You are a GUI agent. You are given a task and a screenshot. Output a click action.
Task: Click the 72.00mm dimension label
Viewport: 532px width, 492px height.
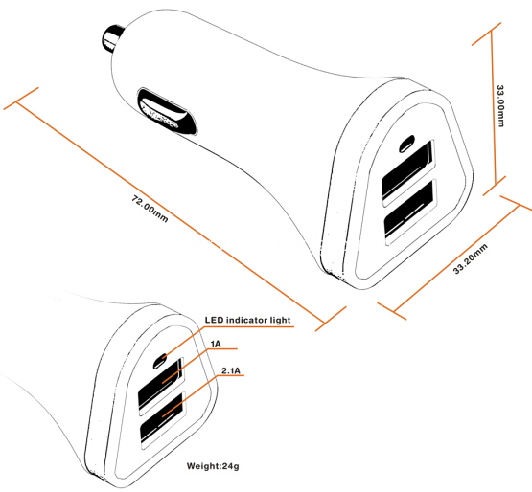click(x=150, y=209)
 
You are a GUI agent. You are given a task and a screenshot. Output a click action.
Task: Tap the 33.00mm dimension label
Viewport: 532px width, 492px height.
click(x=500, y=105)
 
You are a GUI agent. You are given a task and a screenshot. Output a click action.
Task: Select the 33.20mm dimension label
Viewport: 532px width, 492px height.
click(x=471, y=258)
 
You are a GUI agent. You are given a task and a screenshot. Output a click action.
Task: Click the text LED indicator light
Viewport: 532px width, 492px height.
click(x=247, y=320)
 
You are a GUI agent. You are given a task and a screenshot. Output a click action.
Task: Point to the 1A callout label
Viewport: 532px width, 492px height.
click(x=216, y=344)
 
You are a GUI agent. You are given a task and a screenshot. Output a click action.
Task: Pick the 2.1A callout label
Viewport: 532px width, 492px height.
click(x=231, y=370)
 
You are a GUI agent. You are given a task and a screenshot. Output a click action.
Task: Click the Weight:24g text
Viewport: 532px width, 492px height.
click(x=213, y=466)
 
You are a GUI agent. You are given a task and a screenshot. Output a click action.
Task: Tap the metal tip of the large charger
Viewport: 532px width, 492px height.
click(x=112, y=38)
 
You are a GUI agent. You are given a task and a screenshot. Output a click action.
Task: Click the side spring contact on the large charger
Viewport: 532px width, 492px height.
click(x=167, y=111)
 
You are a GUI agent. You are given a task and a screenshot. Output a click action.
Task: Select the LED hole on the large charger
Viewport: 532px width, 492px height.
click(x=406, y=144)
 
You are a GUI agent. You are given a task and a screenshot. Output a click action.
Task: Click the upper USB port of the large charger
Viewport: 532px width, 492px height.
click(x=407, y=173)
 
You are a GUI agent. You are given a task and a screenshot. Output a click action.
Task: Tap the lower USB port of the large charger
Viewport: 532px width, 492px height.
click(x=410, y=212)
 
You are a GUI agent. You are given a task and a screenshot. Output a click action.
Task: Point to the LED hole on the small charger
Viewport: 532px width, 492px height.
click(x=160, y=361)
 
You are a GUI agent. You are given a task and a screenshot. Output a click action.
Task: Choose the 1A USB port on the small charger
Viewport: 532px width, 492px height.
click(x=160, y=385)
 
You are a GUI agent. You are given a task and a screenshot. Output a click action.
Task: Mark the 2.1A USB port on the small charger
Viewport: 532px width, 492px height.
click(x=163, y=420)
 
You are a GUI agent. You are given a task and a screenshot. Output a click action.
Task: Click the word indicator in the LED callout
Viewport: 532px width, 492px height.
click(x=247, y=320)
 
